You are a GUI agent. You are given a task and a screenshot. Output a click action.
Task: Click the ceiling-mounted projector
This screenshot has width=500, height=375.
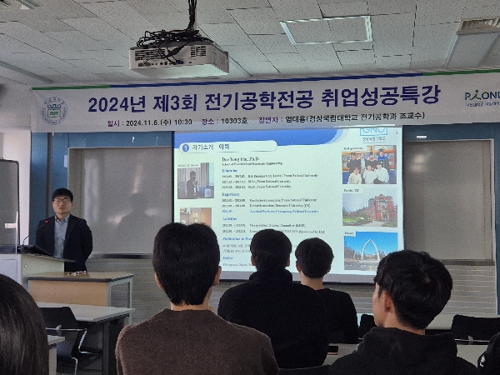(x=178, y=58)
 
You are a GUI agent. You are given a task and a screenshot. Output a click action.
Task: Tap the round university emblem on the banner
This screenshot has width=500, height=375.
(x=54, y=110)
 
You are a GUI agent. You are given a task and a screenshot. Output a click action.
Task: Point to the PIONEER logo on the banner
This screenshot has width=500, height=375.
(x=481, y=96)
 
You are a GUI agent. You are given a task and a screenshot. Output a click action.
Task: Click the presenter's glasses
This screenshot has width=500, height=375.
(x=62, y=201)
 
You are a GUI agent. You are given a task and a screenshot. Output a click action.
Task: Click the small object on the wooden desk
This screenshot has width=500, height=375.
(x=77, y=272)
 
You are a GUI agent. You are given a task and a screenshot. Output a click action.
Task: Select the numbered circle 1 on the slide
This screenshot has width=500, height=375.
(x=185, y=147)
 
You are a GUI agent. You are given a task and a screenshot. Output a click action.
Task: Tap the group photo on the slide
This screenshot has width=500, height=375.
(x=368, y=166)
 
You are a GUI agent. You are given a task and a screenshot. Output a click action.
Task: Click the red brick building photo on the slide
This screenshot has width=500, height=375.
(x=368, y=209)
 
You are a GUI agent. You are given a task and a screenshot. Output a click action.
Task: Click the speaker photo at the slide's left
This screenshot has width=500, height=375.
(x=195, y=181)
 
